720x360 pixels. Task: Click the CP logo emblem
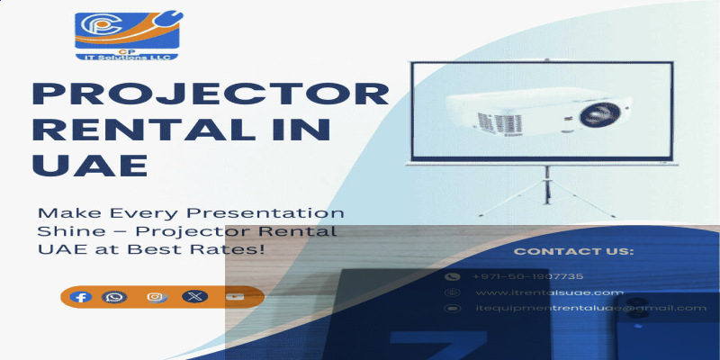tap(127, 31)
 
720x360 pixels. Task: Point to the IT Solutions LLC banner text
tap(127, 56)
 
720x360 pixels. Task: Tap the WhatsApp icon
tap(114, 296)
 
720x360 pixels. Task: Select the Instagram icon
tap(156, 296)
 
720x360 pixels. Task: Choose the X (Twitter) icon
tap(194, 296)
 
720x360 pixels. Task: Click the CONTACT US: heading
tap(573, 251)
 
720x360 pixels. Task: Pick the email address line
tap(590, 309)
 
